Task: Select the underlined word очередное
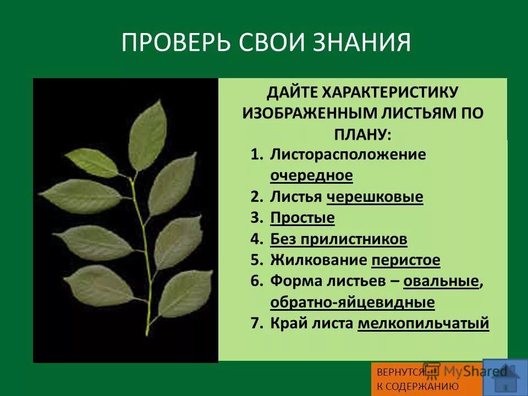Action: (x=311, y=175)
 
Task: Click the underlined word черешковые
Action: (x=375, y=197)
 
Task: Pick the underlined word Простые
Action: (x=302, y=218)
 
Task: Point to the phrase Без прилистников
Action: (x=338, y=239)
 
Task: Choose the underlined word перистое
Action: (x=406, y=260)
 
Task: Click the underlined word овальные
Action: (x=441, y=281)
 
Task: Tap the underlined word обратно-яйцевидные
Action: (x=352, y=302)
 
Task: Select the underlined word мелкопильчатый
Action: (x=423, y=323)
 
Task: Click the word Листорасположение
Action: (x=348, y=155)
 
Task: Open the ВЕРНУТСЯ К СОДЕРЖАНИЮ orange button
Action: (x=417, y=379)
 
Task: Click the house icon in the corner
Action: (x=502, y=377)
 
